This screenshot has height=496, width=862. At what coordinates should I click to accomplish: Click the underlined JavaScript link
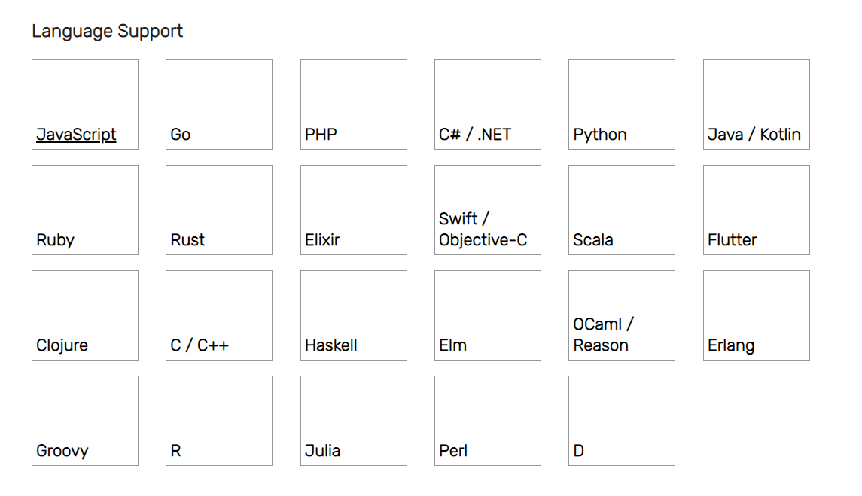click(76, 135)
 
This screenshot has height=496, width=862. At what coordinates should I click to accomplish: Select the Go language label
click(181, 135)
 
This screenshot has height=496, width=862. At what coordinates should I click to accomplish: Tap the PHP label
click(321, 135)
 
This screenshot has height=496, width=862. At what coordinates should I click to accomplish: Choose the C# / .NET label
click(475, 135)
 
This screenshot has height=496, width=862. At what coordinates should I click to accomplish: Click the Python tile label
click(600, 135)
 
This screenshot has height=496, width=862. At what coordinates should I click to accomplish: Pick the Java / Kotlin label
click(754, 135)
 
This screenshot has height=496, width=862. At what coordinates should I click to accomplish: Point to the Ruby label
click(55, 240)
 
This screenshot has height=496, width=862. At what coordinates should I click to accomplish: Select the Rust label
click(187, 240)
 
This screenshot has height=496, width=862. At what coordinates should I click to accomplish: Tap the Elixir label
click(322, 240)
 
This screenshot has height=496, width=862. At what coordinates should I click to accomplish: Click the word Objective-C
click(483, 240)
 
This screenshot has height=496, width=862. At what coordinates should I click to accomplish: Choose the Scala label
click(592, 240)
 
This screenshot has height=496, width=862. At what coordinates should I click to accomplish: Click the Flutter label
click(732, 240)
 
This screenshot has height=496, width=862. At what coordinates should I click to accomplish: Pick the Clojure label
click(62, 346)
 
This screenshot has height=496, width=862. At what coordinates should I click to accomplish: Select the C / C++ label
click(199, 346)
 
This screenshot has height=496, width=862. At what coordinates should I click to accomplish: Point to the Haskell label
click(331, 346)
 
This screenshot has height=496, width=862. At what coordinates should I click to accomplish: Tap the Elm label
click(452, 346)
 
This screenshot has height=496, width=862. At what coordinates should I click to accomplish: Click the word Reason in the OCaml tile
click(600, 346)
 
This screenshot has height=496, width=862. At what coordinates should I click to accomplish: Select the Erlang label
click(730, 346)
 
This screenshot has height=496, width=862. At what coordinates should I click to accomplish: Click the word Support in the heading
click(150, 32)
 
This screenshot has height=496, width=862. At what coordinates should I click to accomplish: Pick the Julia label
click(322, 451)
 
